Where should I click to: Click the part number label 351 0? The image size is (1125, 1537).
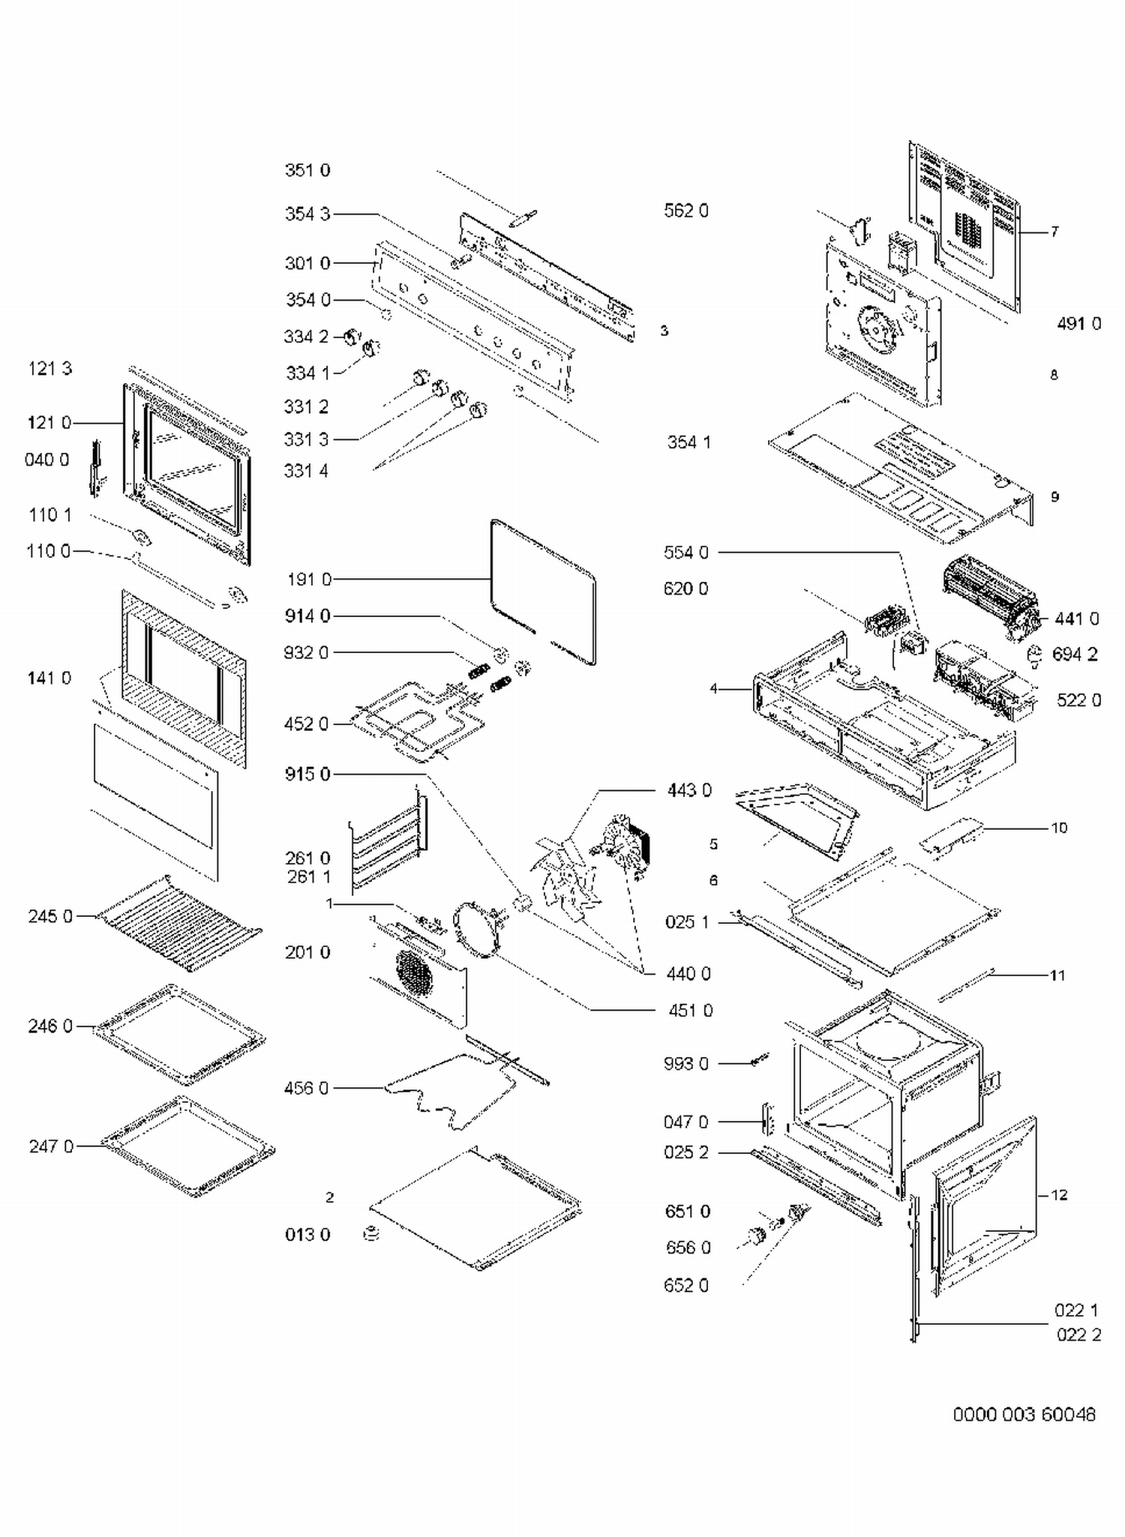point(307,170)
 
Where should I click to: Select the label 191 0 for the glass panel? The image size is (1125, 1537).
point(308,580)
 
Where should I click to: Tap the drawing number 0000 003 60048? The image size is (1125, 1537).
point(1024,1415)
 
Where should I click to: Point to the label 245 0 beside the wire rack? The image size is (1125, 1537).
point(50,916)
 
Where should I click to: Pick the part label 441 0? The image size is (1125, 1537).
point(1076,619)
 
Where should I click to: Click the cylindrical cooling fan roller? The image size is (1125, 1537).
point(988,596)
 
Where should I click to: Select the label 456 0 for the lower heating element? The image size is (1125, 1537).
point(306,1088)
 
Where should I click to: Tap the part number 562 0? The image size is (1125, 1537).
point(685,211)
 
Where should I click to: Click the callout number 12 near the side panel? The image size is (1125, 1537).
point(1058,1195)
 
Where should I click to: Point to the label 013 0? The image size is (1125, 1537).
point(307,1235)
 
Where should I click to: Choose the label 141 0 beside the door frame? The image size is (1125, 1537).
point(49,678)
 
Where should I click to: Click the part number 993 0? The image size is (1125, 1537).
point(685,1064)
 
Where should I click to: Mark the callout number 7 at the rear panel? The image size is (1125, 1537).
point(1054,232)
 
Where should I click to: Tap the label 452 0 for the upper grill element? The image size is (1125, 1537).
point(306,724)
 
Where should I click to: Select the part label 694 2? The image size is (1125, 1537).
point(1074,655)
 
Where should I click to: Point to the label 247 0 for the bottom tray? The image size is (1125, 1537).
point(51,1146)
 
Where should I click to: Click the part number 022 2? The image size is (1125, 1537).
point(1078,1335)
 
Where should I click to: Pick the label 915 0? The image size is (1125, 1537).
point(307,774)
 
